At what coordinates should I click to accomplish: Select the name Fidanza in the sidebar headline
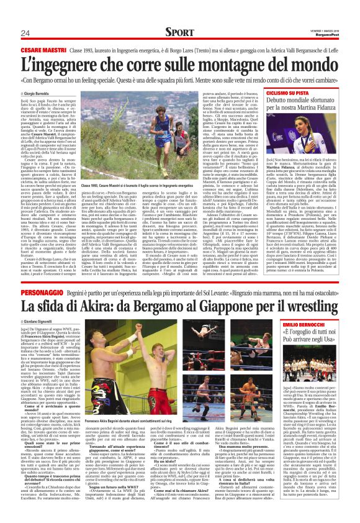[338, 109]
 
